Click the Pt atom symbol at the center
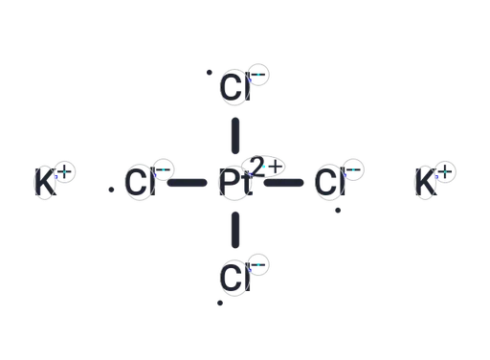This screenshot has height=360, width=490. [x=235, y=182]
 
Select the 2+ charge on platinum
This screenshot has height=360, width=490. [x=266, y=167]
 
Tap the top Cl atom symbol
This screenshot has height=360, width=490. [x=235, y=87]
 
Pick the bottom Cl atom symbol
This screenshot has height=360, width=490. [x=235, y=278]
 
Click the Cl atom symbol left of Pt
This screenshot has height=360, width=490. [x=140, y=182]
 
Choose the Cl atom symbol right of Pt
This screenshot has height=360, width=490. [x=330, y=182]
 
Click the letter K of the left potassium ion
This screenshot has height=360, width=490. [x=45, y=182]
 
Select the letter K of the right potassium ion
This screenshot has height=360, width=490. [x=426, y=182]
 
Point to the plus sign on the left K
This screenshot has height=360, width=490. [x=65, y=171]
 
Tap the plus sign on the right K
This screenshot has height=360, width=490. [x=445, y=171]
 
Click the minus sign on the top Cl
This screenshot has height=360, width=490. [x=258, y=75]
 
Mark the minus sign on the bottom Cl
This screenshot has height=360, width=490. [x=258, y=265]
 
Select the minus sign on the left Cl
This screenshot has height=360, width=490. [x=164, y=169]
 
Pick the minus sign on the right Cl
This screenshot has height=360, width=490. [x=353, y=169]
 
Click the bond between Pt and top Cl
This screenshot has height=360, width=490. [x=235, y=136]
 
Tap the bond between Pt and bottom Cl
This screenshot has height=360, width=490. [x=235, y=230]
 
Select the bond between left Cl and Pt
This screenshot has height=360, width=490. [x=188, y=183]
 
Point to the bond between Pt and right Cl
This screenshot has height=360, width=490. [x=283, y=183]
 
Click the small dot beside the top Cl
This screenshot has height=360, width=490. [x=210, y=73]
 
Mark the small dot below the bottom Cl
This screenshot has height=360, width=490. [x=220, y=303]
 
